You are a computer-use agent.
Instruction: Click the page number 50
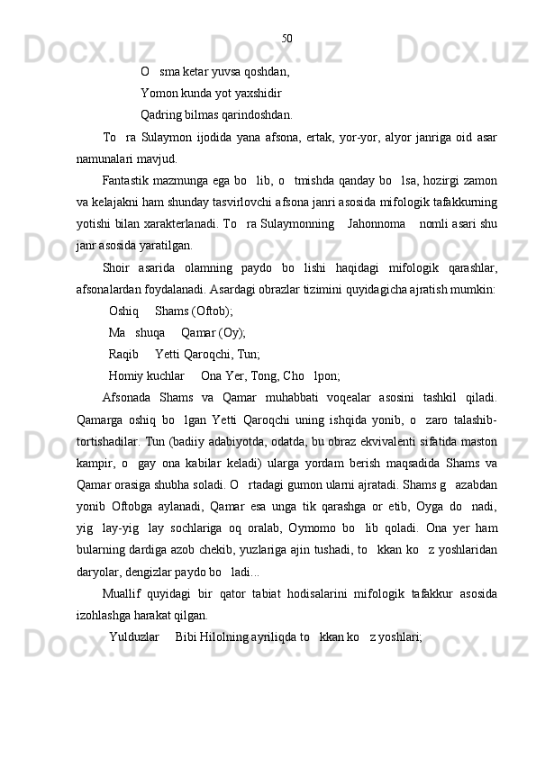click(286, 38)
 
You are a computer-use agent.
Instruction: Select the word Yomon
click(159, 93)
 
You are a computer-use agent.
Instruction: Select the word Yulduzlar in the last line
click(134, 636)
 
